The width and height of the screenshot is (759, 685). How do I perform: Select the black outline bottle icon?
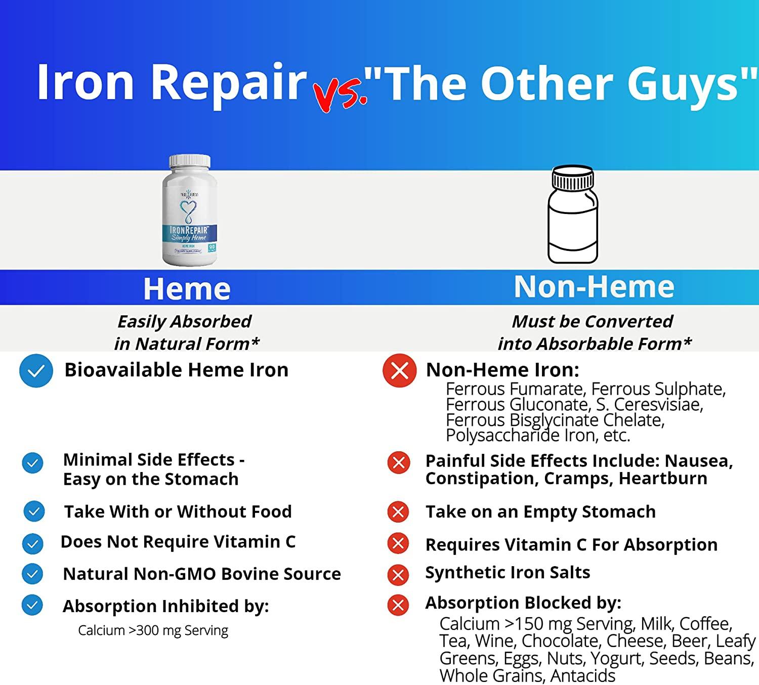[572, 215]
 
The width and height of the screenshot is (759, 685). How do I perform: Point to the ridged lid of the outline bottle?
[572, 178]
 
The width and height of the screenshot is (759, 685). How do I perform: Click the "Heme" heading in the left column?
[187, 289]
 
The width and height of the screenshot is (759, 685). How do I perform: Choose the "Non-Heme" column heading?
[594, 287]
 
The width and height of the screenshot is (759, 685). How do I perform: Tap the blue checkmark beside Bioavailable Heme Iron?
[36, 371]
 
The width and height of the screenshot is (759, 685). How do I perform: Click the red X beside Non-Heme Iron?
[399, 371]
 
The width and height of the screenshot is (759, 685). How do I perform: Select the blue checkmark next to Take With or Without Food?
[34, 511]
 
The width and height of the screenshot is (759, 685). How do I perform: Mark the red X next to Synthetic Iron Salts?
[398, 575]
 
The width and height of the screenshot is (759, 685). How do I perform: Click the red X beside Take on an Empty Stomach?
[398, 512]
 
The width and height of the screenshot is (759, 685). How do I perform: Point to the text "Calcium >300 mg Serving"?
[153, 630]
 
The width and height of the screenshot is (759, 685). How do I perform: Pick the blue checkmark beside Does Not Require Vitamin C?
[33, 544]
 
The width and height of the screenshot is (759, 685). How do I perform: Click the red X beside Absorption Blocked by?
[398, 605]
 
